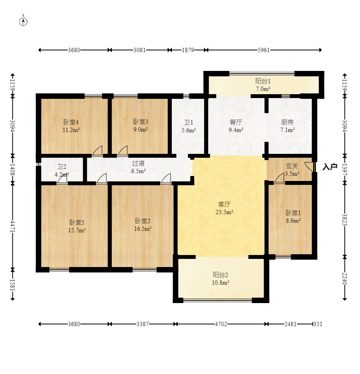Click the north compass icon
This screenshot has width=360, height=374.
pyautogui.click(x=24, y=21)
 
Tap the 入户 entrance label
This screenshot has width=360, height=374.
pyautogui.click(x=330, y=167)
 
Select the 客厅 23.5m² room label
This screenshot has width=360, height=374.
pyautogui.click(x=224, y=208)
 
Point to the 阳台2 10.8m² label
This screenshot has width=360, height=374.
pyautogui.click(x=221, y=279)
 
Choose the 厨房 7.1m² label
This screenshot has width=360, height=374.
pyautogui.click(x=288, y=126)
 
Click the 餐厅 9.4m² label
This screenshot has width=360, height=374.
pyautogui.click(x=236, y=126)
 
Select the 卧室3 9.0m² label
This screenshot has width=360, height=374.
pyautogui.click(x=141, y=125)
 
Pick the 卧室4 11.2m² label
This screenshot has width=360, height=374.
pyautogui.click(x=71, y=125)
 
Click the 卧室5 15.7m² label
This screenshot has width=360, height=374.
pyautogui.click(x=77, y=226)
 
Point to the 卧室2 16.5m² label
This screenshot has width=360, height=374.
pyautogui.click(x=142, y=224)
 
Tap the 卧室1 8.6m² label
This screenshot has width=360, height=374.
pyautogui.click(x=293, y=216)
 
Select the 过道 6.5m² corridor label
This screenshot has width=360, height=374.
pyautogui.click(x=139, y=167)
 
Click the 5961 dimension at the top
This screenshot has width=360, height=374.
pyautogui.click(x=263, y=50)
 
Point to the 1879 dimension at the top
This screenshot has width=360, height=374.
pyautogui.click(x=188, y=50)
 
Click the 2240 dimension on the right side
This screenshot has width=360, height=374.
pyautogui.click(x=345, y=278)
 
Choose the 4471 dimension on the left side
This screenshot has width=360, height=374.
pyautogui.click(x=13, y=226)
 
